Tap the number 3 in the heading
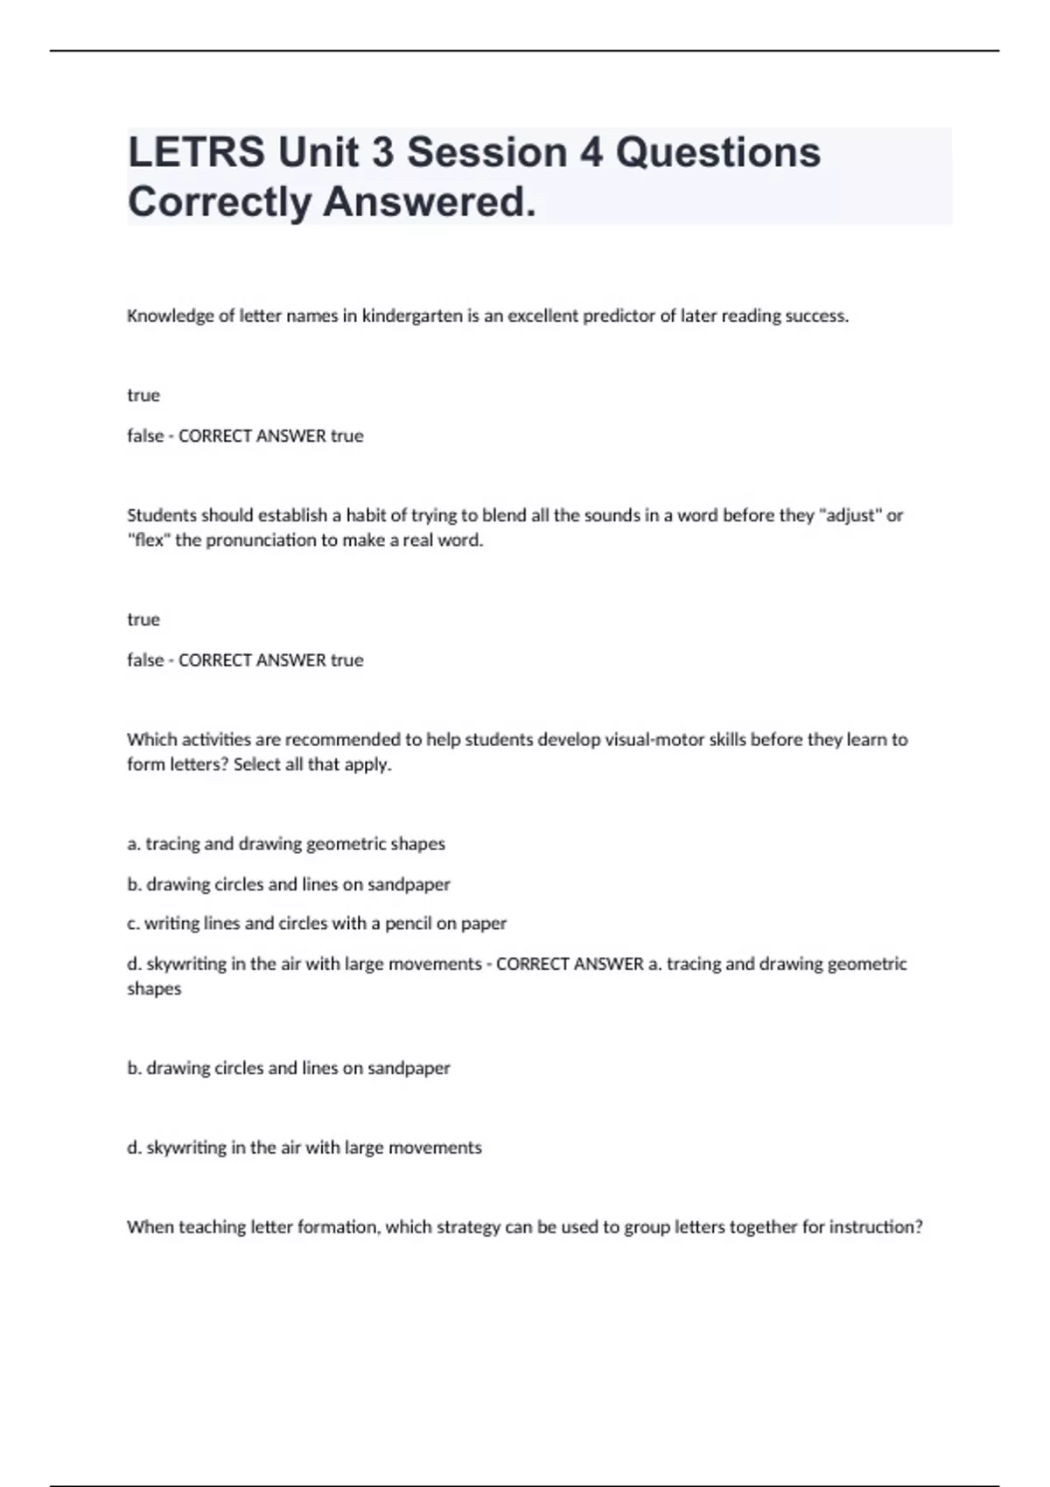382,152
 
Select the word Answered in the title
429,202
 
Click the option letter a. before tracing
134,844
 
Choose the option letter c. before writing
133,924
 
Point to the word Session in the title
487,152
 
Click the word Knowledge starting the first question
170,316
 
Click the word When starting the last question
150,1227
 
